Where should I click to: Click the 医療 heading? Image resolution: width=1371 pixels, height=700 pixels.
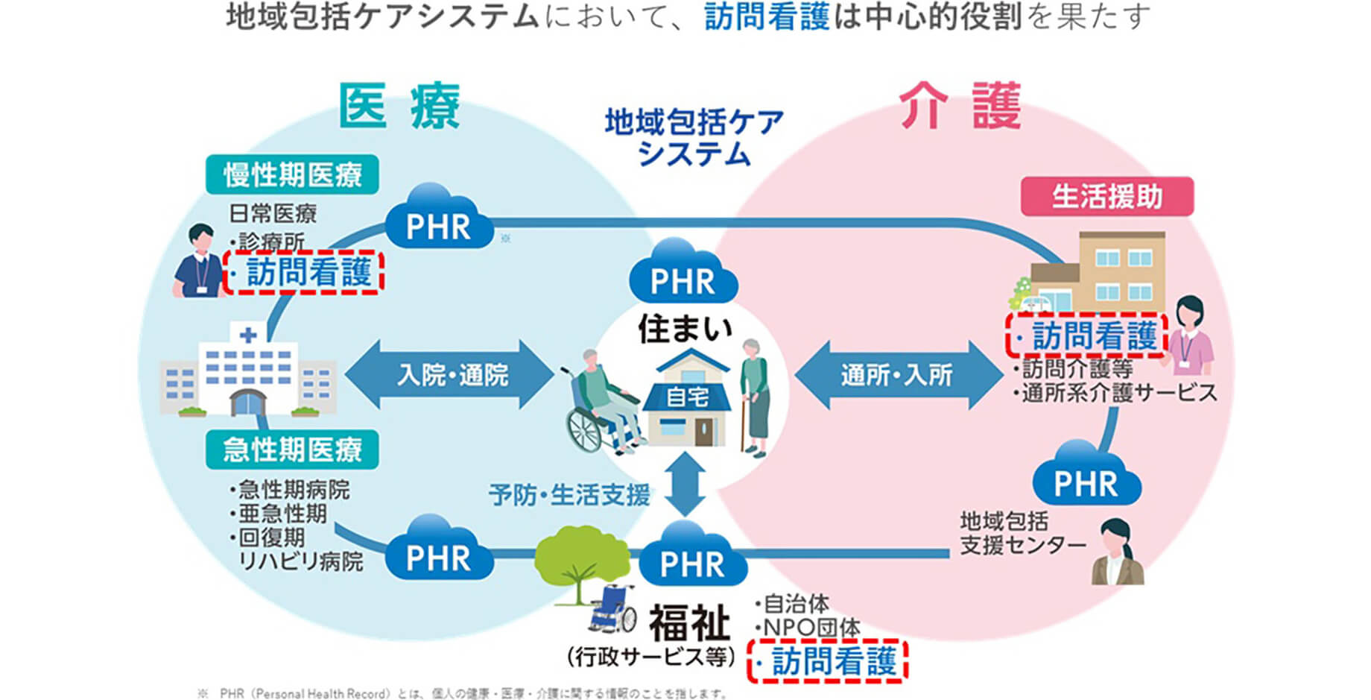(x=399, y=106)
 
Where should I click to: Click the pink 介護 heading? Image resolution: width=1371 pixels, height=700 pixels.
(x=960, y=106)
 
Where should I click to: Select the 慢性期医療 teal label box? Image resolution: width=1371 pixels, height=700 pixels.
(x=292, y=175)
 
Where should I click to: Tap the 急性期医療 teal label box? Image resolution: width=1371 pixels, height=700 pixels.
(x=292, y=450)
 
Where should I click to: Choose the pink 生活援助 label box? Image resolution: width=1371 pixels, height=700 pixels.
(x=1106, y=197)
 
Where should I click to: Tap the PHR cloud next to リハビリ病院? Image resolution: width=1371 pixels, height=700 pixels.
(x=438, y=553)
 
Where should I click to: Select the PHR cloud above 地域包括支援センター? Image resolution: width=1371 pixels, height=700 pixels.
(x=1086, y=478)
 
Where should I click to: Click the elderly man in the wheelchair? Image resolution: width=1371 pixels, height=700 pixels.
(x=600, y=403)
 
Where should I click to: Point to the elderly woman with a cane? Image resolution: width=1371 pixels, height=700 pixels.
(x=755, y=395)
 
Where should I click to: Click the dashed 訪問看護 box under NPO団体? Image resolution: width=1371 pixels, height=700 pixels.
(x=827, y=661)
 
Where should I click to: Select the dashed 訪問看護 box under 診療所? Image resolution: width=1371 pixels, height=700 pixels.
(x=304, y=272)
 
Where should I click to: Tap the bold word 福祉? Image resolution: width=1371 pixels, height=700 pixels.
(x=688, y=622)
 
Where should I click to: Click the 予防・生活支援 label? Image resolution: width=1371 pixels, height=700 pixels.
(x=569, y=494)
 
